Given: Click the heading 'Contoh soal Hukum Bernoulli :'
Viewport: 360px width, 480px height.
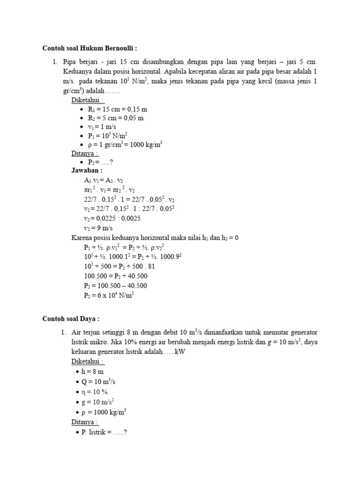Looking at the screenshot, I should [x=90, y=48].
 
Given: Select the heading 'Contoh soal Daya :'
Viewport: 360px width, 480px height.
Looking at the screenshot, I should [x=71, y=319].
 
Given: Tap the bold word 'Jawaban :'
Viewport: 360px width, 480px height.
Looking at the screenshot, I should [x=87, y=171].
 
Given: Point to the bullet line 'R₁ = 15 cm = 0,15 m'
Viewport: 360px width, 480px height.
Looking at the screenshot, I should [x=117, y=109].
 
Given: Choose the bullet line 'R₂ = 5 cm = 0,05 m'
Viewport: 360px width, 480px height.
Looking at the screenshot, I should [x=115, y=118].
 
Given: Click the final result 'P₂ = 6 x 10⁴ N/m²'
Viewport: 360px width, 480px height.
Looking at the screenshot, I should [x=109, y=295].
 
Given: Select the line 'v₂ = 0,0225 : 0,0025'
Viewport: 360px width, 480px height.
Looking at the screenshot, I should [x=112, y=218].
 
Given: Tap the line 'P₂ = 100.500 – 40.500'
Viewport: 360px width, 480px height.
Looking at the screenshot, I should [x=115, y=285].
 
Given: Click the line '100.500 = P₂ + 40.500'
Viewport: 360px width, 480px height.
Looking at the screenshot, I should [x=116, y=276].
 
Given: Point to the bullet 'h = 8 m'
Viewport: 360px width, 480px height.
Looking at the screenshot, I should [x=92, y=371].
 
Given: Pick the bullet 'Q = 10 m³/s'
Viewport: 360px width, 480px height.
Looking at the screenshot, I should [x=98, y=381].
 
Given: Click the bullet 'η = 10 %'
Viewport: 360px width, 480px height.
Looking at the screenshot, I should [x=95, y=391].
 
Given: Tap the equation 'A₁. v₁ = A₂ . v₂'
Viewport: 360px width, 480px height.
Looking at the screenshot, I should [x=104, y=180].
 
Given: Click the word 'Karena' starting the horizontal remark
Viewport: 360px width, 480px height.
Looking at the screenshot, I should [x=81, y=238].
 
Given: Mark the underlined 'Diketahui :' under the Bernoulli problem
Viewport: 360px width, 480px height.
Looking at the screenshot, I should [x=88, y=100].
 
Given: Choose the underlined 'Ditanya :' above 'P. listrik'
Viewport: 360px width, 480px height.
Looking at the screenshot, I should [x=85, y=422].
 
